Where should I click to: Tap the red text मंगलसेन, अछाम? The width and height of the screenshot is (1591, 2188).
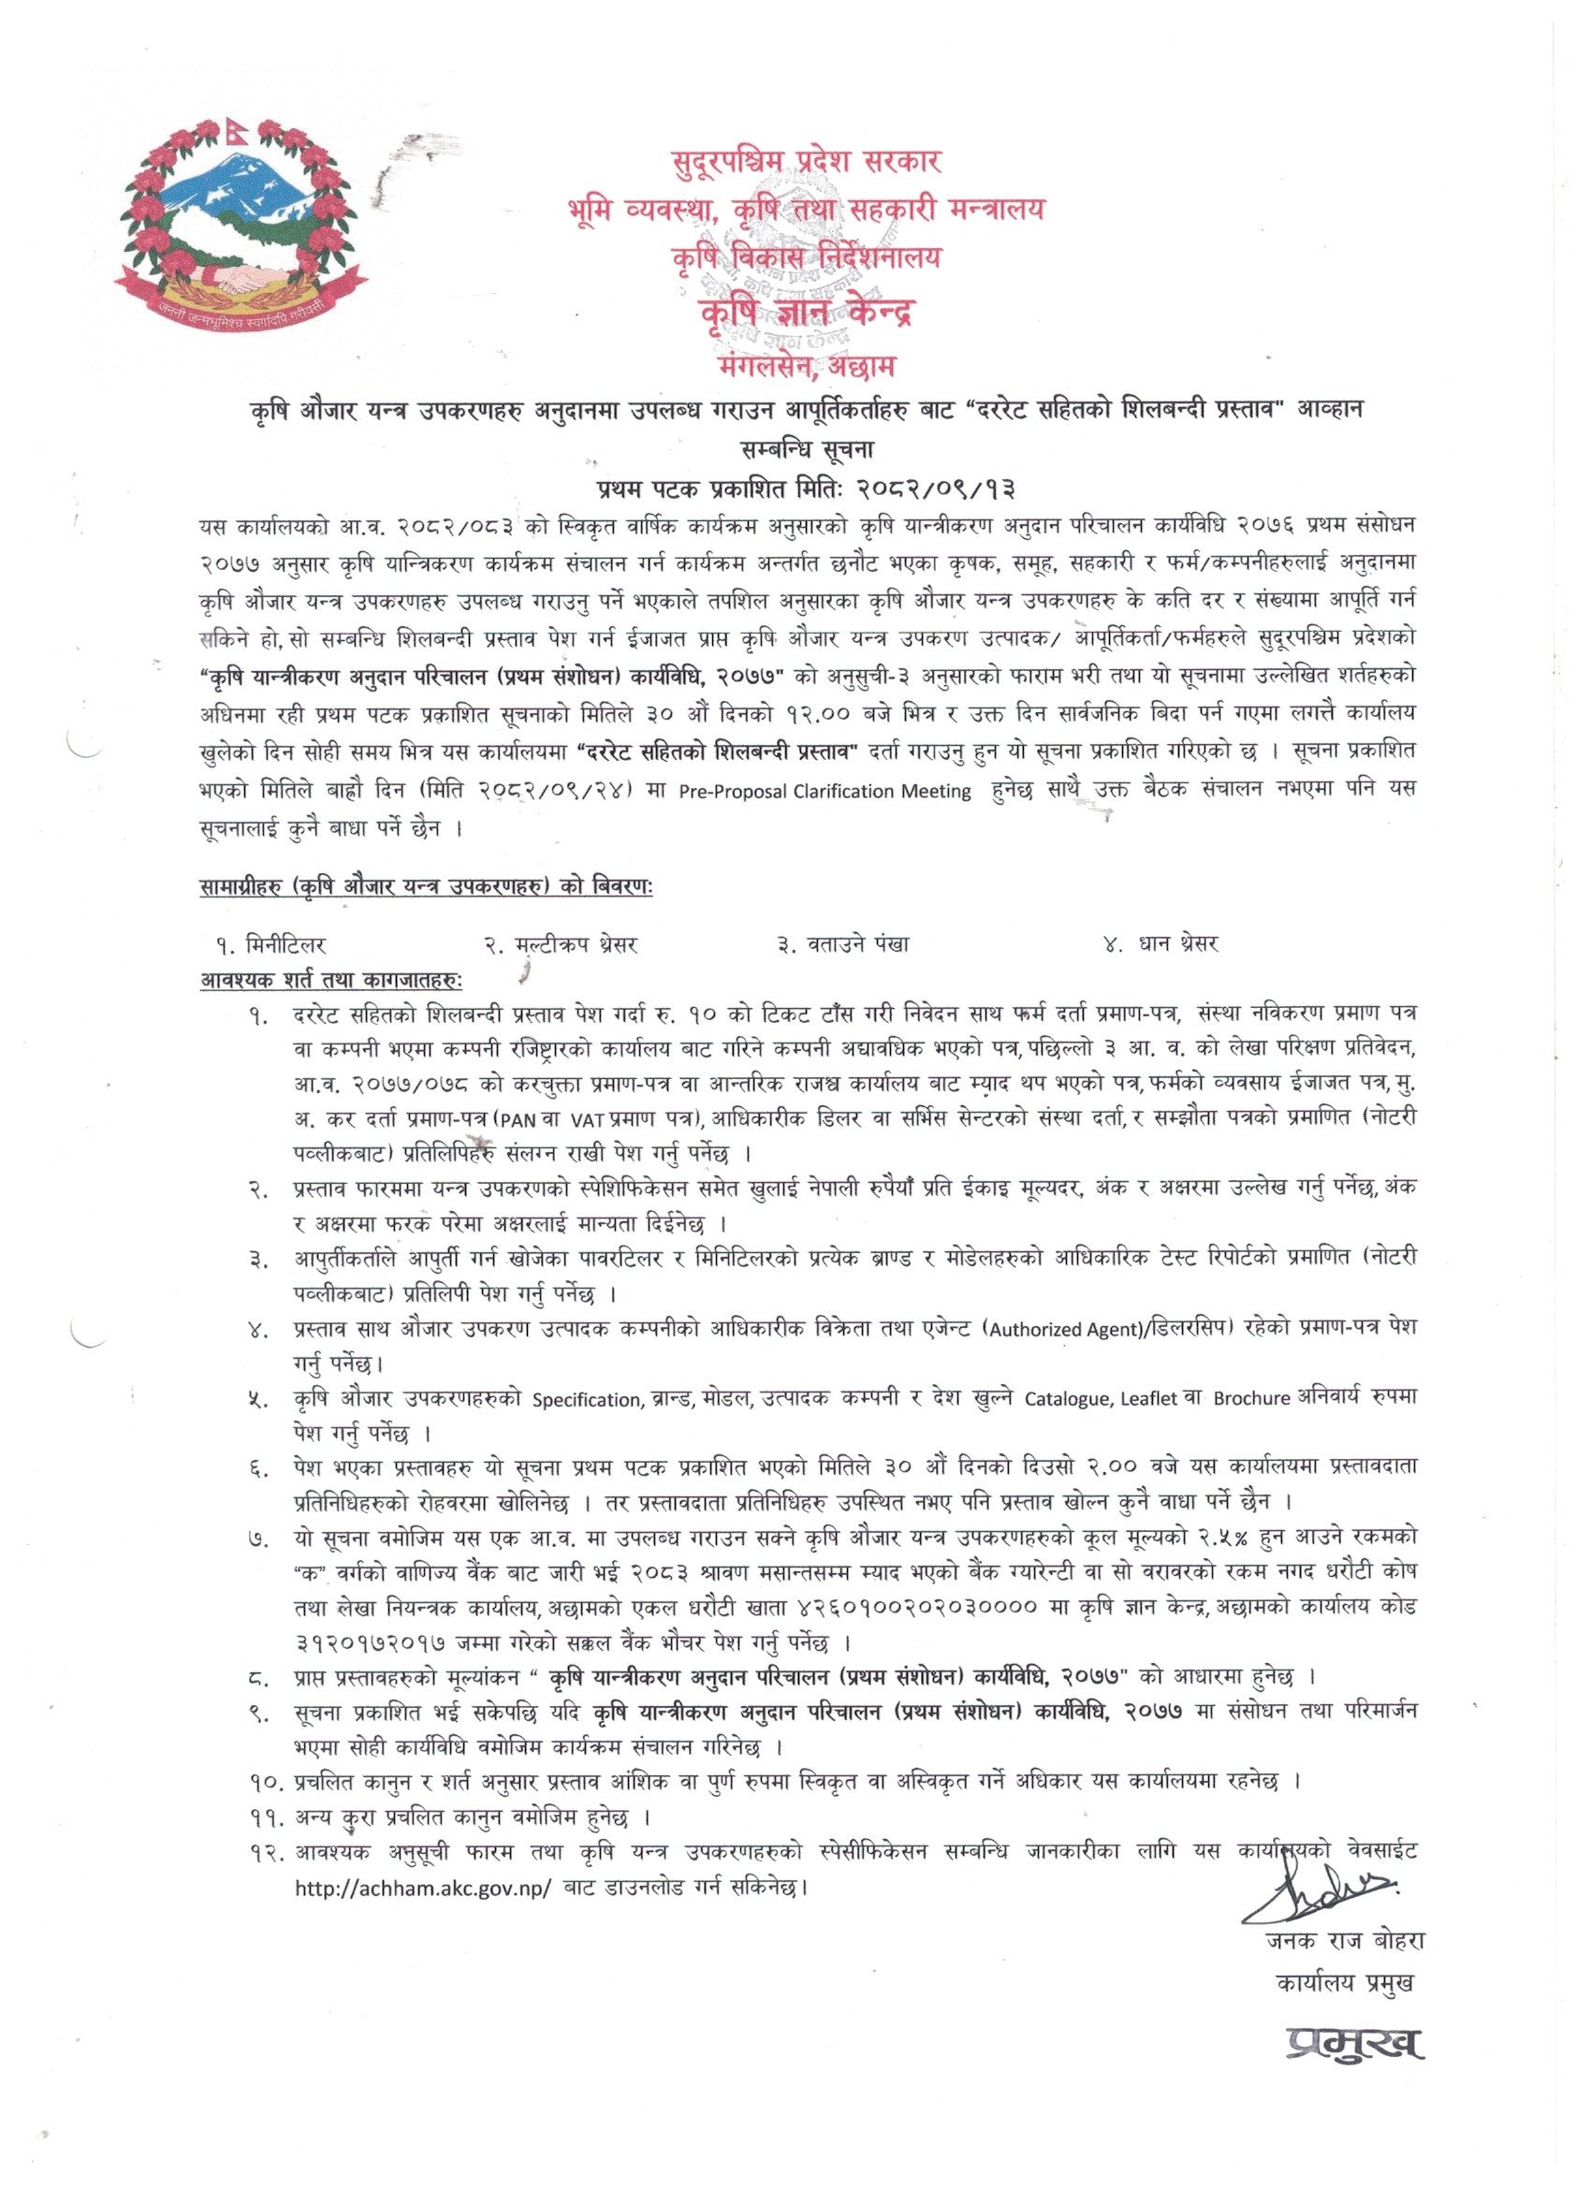point(807,367)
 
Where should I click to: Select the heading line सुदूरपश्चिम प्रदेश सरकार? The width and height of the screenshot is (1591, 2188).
point(806,160)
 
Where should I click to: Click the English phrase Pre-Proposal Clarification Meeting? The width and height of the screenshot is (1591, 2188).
point(824,791)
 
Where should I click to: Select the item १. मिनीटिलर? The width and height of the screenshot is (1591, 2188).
point(272,944)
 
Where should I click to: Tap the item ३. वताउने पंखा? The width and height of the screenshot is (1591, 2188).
point(842,944)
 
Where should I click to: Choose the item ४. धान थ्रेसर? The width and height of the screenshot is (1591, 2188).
point(1160,944)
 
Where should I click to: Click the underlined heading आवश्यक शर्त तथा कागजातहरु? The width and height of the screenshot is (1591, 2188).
point(331,980)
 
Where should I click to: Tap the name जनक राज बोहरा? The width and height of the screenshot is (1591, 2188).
point(1345,1941)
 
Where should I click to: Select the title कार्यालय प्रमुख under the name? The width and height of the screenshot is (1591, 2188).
point(1345,1983)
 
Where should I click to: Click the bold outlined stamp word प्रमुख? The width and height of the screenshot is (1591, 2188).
point(1353,2042)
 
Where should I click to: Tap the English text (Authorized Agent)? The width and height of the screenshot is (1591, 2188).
point(1059,1329)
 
